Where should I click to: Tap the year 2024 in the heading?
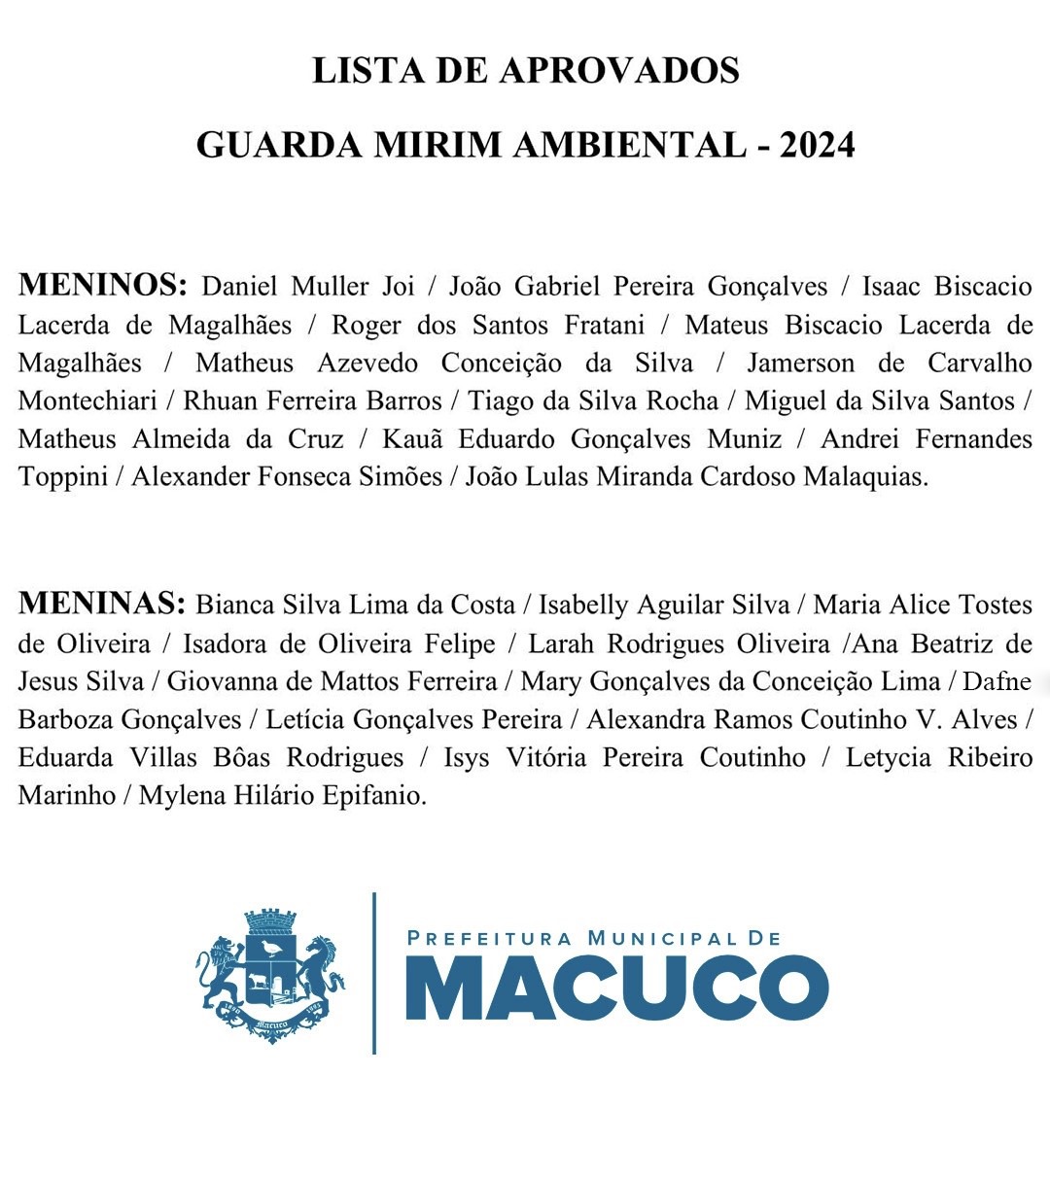pyautogui.click(x=817, y=146)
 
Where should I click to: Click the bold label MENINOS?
pyautogui.click(x=102, y=285)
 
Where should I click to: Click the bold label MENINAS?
pyautogui.click(x=101, y=604)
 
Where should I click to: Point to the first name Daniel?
pyautogui.click(x=239, y=287)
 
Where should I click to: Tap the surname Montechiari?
pyautogui.click(x=87, y=401)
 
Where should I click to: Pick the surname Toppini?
pyautogui.click(x=62, y=477)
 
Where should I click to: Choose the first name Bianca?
pyautogui.click(x=234, y=606)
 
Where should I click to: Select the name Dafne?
pyautogui.click(x=997, y=681)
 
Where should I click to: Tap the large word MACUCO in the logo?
pyautogui.click(x=616, y=989)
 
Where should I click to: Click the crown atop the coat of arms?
pyautogui.click(x=269, y=920)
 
